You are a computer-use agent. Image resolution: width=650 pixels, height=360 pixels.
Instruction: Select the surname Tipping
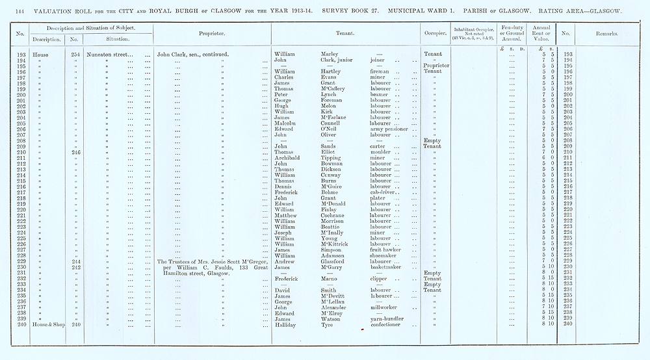(x=333, y=157)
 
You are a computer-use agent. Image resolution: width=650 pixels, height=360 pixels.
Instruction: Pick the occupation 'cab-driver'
(x=385, y=192)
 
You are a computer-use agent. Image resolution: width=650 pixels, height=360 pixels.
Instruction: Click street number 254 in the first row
(x=75, y=53)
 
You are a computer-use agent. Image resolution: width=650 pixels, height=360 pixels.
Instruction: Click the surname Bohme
(x=331, y=192)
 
